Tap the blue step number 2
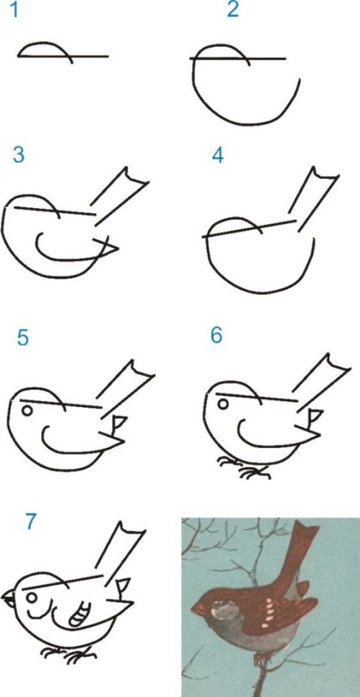pos(233,11)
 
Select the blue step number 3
pos(18,155)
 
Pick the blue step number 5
pos(23,338)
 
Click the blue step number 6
pos(216,336)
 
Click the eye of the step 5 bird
pos(27,410)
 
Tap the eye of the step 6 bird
pos(223,405)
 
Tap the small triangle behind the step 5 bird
pos(119,422)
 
